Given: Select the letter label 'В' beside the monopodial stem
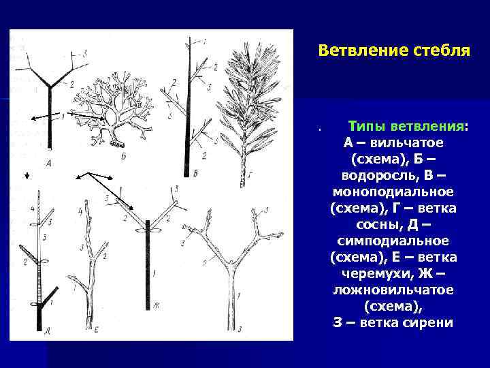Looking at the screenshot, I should point(196,173).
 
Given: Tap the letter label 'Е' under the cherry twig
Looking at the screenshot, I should point(97,331).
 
